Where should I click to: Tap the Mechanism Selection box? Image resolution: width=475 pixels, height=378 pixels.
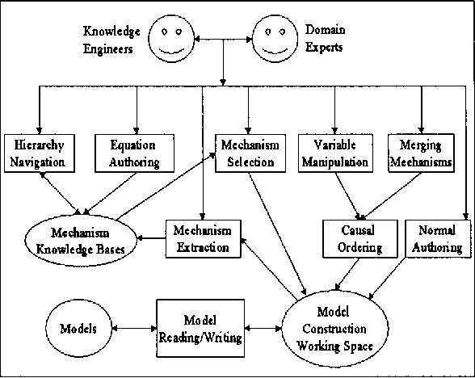(x=247, y=152)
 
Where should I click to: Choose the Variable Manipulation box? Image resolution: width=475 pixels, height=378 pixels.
(x=334, y=152)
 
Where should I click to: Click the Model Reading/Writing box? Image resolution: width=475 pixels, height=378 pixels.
(x=200, y=329)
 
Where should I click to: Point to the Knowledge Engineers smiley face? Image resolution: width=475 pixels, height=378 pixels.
(x=172, y=39)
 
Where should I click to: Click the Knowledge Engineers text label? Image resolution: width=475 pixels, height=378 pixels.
(x=111, y=40)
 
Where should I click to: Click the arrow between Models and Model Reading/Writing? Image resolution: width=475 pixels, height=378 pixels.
(x=136, y=329)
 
